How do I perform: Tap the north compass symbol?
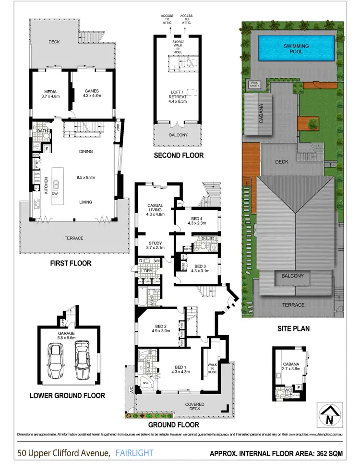tap(326, 414)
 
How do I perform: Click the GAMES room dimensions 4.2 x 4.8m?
tap(91, 96)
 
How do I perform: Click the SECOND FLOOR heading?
tap(178, 155)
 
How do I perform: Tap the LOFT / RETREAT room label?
tap(178, 94)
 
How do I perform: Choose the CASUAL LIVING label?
tap(155, 208)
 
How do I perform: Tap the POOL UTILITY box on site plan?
tap(254, 85)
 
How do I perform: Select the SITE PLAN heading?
tap(293, 329)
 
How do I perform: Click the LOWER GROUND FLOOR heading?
tap(67, 396)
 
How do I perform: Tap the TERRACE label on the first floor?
tap(73, 238)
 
